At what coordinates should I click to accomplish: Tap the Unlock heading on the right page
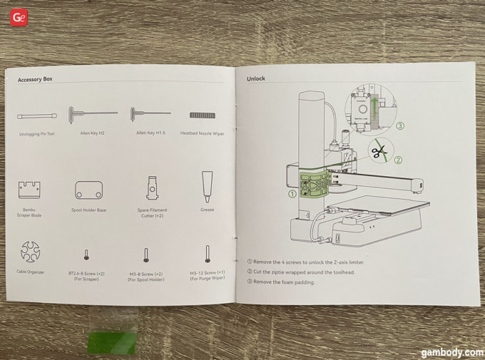click(256, 78)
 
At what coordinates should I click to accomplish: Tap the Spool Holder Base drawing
click(88, 190)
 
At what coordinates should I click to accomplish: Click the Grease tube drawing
click(208, 184)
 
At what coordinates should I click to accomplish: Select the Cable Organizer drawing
click(32, 252)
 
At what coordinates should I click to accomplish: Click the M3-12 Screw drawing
click(208, 254)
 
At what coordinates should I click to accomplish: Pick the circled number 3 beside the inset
click(400, 126)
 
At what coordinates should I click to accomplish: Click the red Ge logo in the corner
click(18, 17)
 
